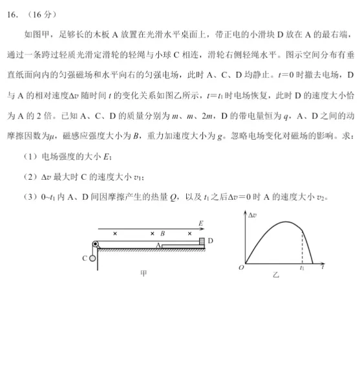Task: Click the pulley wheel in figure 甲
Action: point(94,245)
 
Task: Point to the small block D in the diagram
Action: point(201,241)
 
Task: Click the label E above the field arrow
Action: point(200,223)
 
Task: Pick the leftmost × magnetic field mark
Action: point(115,233)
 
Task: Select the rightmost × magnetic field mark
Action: point(189,233)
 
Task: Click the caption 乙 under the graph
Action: point(276,275)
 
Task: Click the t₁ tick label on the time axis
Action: point(301,267)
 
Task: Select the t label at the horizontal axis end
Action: point(321,266)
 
